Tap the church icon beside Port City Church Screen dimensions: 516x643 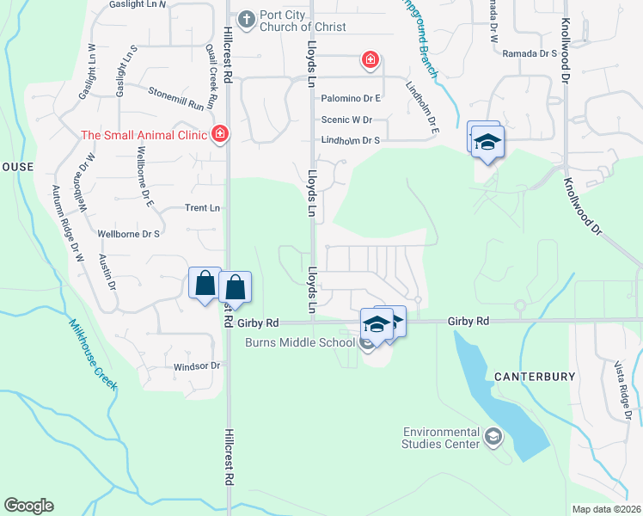[246, 18]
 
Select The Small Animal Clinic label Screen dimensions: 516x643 [144, 134]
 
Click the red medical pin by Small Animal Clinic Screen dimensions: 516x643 [219, 133]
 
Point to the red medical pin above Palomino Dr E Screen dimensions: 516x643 [370, 59]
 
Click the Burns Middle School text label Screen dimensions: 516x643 [300, 343]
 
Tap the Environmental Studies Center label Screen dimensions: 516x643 [442, 438]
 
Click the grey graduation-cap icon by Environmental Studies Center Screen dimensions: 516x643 [493, 438]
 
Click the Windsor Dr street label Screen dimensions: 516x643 [197, 366]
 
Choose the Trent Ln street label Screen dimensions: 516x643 [203, 208]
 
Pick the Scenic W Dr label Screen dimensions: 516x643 [346, 120]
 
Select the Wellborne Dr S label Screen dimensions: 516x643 [130, 234]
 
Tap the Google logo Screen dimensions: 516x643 [28, 506]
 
